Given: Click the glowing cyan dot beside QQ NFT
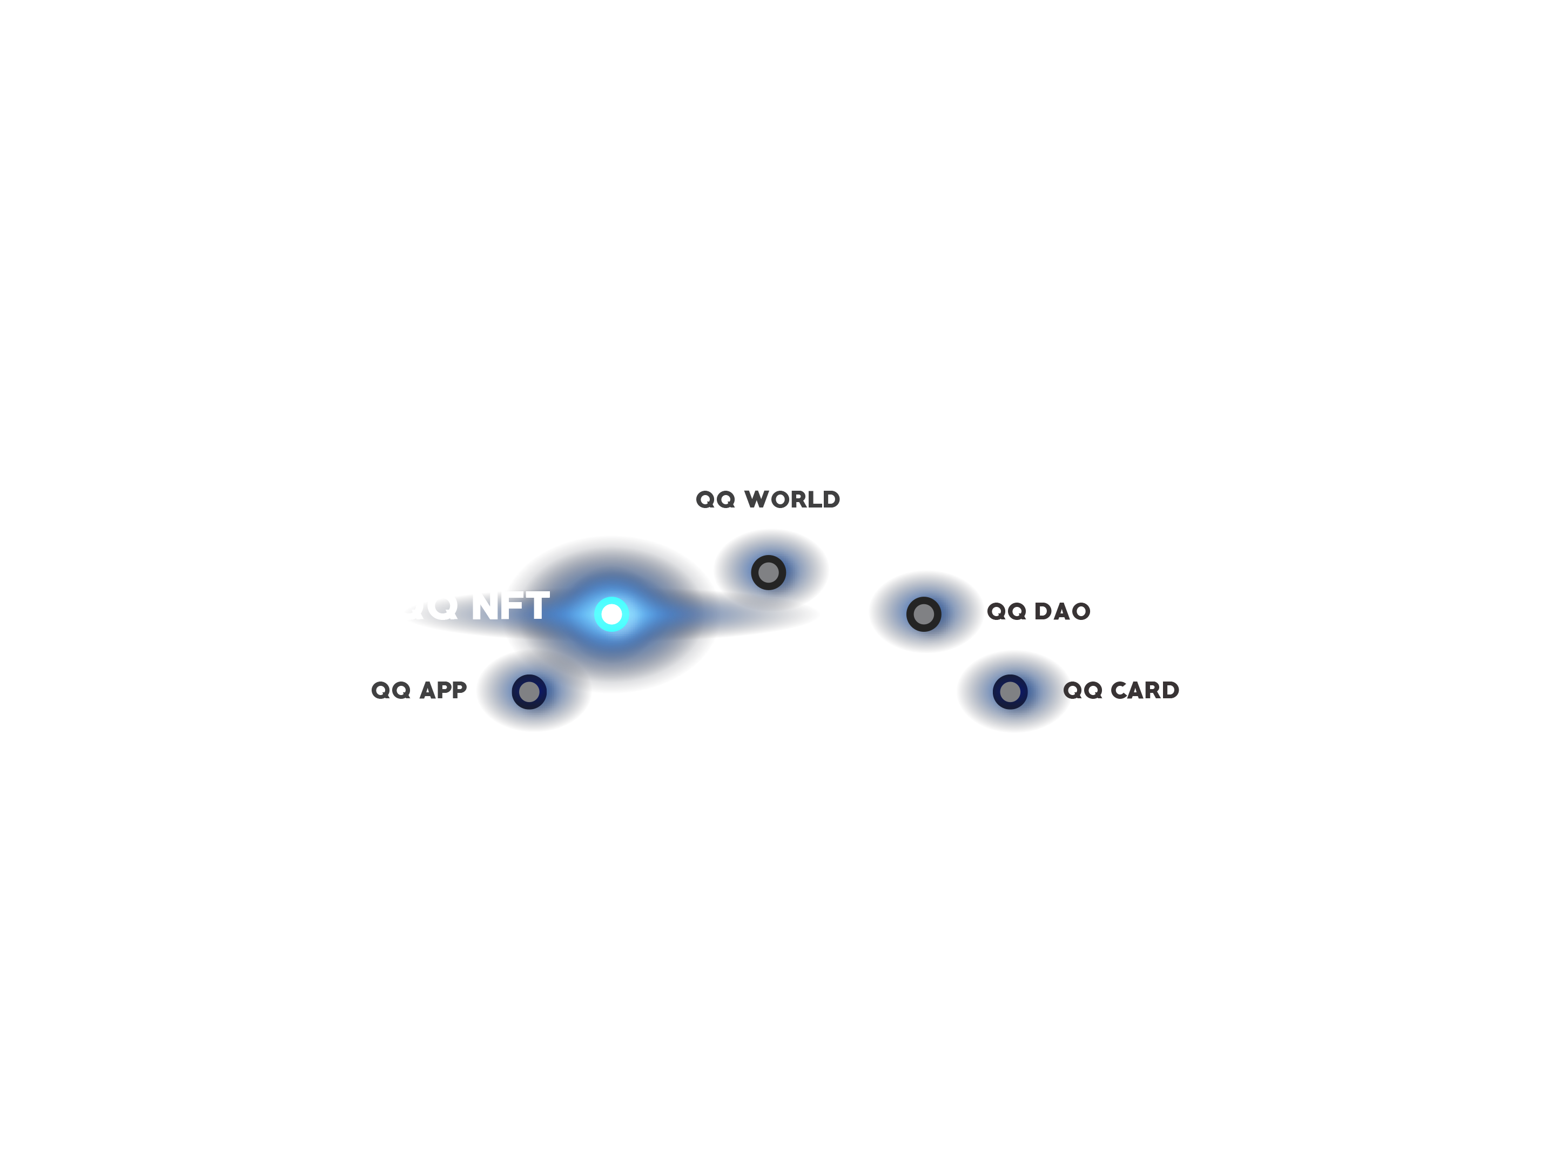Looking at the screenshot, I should [x=611, y=614].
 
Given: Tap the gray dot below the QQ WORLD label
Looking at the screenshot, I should [x=768, y=572].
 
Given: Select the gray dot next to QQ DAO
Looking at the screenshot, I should [x=923, y=614].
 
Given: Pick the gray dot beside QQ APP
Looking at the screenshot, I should [x=529, y=692].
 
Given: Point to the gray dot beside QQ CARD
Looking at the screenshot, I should [x=1010, y=692].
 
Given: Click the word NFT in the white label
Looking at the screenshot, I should [x=510, y=606].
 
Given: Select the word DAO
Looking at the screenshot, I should [x=1062, y=612].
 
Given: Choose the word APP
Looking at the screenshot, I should [x=443, y=691].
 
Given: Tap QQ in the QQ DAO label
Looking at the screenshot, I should [x=1007, y=612].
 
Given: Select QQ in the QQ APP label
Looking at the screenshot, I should [x=391, y=691].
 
